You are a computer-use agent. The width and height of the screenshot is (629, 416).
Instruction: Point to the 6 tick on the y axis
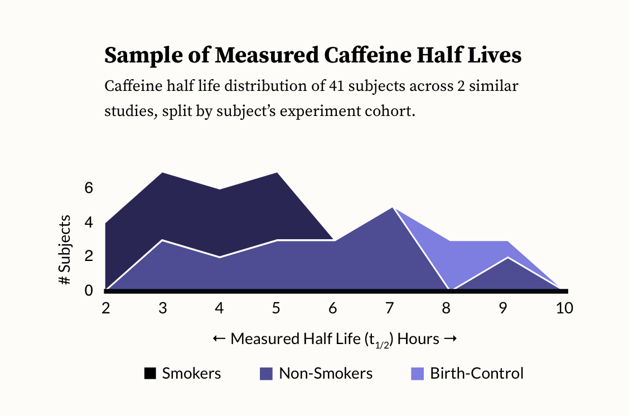pyautogui.click(x=88, y=188)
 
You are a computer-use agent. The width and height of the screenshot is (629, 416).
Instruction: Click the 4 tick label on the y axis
pyautogui.click(x=88, y=222)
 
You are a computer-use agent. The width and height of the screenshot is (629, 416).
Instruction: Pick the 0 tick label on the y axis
pyautogui.click(x=88, y=291)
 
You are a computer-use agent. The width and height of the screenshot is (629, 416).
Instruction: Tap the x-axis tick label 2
pyautogui.click(x=105, y=308)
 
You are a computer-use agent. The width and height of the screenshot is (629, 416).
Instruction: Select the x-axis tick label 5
pyautogui.click(x=275, y=308)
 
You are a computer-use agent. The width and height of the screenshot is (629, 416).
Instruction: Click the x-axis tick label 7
pyautogui.click(x=390, y=308)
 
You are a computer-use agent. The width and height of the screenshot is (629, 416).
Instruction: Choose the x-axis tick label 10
pyautogui.click(x=564, y=308)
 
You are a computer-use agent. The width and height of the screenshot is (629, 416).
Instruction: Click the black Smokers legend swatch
pyautogui.click(x=150, y=374)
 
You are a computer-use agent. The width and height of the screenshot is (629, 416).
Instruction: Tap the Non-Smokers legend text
pyautogui.click(x=326, y=374)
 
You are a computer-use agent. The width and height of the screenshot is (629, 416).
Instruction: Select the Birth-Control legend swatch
pyautogui.click(x=417, y=374)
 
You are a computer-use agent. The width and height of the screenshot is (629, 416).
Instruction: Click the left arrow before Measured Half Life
pyautogui.click(x=219, y=339)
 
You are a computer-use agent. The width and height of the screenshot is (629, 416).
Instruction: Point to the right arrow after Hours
pyautogui.click(x=451, y=339)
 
